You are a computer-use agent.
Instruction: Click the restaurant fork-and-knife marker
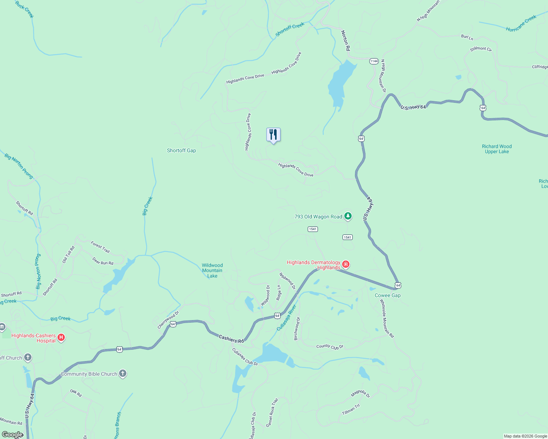[273, 135]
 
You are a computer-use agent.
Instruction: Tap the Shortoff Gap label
[181, 150]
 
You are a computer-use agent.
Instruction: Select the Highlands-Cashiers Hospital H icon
[61, 338]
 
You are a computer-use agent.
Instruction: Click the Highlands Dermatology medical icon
[345, 264]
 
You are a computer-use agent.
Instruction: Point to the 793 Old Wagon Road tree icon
[348, 216]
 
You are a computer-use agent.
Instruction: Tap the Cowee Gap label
[388, 295]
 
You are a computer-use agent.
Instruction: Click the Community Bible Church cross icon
[123, 374]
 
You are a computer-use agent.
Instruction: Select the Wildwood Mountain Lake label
[212, 270]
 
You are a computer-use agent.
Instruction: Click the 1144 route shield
[374, 61]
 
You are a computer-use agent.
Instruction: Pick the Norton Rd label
[345, 40]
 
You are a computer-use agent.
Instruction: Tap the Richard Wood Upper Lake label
[497, 149]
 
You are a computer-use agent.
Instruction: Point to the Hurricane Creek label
[521, 23]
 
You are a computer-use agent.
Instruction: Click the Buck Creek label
[25, 9]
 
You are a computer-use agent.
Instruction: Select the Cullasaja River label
[286, 318]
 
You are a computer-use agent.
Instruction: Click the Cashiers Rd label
[231, 339]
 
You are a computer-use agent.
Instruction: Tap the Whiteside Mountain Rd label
[386, 318]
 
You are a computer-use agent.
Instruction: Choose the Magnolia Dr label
[360, 393]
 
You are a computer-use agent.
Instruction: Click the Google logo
[12, 435]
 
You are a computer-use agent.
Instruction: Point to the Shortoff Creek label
[290, 29]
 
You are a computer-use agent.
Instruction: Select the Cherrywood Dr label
[168, 319]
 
